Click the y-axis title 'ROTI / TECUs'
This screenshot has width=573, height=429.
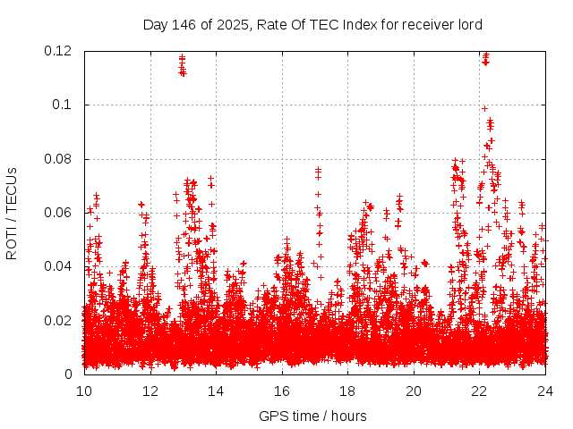[x=12, y=213]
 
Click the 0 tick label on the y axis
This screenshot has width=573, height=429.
[x=70, y=374]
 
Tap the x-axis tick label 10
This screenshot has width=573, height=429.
[x=84, y=391]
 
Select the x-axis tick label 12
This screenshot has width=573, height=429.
[x=150, y=391]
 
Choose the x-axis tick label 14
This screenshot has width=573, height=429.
[x=216, y=391]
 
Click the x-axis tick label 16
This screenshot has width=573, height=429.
[x=282, y=391]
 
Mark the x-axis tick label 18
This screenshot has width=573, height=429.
[x=348, y=391]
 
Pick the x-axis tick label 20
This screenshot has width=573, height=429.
[x=414, y=391]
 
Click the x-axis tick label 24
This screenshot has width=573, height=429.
[x=546, y=391]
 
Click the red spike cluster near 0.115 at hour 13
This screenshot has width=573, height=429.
[x=182, y=65]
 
